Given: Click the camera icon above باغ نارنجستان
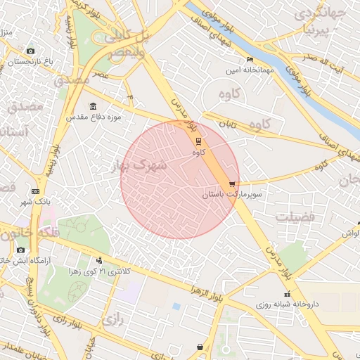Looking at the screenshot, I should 30,51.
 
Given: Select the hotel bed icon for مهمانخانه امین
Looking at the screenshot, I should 250,60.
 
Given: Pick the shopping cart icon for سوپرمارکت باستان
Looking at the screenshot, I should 233,184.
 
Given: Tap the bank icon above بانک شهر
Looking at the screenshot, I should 35,191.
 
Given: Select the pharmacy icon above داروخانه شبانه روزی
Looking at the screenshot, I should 286,294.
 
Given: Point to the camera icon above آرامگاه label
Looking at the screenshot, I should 20,250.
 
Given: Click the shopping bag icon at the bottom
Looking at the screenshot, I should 200,347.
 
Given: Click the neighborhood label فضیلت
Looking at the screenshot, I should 294,217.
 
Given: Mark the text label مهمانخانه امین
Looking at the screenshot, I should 250,71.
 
